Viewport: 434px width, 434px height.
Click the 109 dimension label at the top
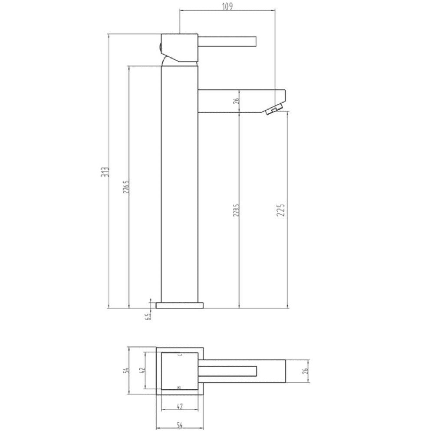pos(227,6)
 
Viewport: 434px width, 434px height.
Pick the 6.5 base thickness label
pos(148,316)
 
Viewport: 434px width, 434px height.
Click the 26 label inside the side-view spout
pos(236,102)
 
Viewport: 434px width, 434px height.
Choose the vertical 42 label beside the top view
pos(142,371)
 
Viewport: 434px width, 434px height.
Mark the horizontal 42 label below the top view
pos(179,407)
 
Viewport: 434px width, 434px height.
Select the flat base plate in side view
pos(179,305)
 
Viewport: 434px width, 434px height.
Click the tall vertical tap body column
pos(179,182)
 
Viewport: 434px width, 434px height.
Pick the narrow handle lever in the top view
pos(230,371)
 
